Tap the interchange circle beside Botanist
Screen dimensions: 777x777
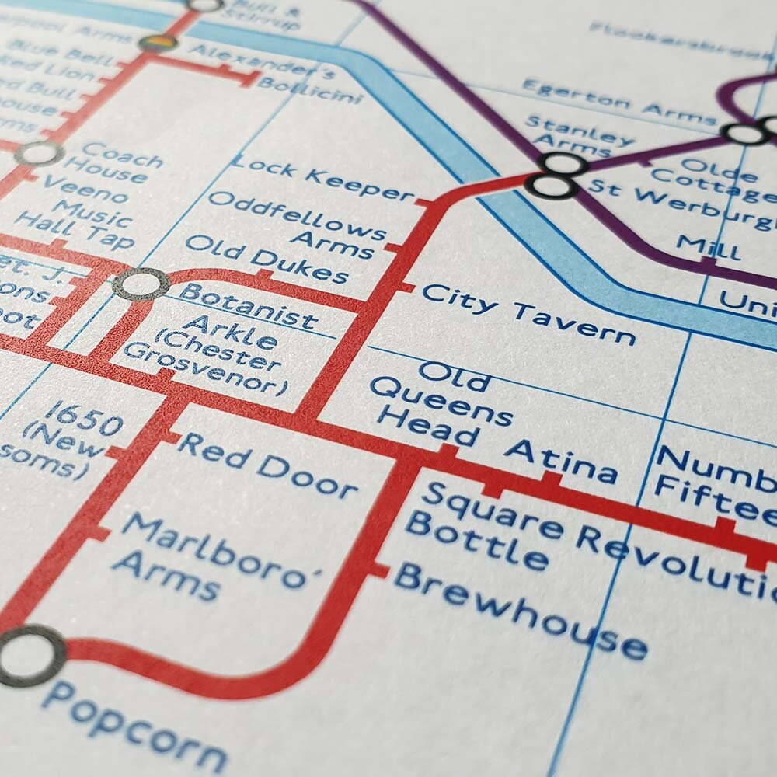141,284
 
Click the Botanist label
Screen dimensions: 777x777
248,305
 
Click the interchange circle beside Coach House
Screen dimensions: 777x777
38,154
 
